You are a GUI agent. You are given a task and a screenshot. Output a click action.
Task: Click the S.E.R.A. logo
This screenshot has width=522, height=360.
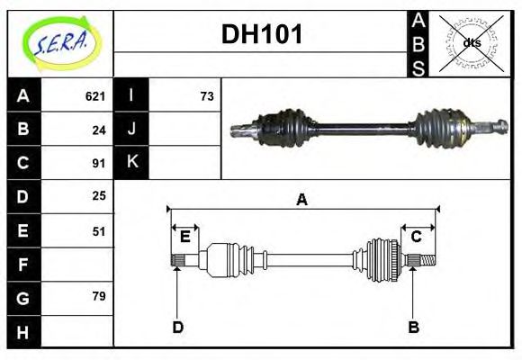pos(59,42)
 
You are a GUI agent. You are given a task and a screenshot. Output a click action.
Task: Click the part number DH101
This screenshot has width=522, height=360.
pos(262,35)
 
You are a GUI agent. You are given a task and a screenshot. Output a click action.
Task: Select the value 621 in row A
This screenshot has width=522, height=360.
pos(95,95)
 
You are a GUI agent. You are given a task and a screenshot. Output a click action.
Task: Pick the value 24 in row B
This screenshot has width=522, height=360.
pos(99,129)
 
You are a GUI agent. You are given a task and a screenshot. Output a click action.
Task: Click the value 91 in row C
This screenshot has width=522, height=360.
pos(99,163)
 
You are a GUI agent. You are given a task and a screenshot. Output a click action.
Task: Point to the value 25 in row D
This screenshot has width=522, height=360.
pos(99,195)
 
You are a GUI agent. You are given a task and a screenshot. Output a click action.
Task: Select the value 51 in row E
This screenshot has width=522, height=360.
pos(99,230)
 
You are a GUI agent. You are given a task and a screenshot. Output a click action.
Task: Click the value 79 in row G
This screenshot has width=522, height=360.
pos(99,296)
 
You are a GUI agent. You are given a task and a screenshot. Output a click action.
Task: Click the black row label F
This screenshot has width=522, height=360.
pos(22,264)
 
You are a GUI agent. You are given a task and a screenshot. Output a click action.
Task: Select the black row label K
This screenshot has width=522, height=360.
pos(131,163)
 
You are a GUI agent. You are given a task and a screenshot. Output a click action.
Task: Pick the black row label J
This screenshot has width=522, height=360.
pos(131,129)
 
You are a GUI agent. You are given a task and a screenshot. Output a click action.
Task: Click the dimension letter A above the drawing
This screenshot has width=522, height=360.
pos(302,200)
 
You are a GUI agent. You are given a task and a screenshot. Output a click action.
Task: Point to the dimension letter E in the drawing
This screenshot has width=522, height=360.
pos(184,237)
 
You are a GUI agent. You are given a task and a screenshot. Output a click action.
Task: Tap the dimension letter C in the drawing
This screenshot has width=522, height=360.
pos(417,237)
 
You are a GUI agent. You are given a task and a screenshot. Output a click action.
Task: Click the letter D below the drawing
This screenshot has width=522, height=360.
pos(177,327)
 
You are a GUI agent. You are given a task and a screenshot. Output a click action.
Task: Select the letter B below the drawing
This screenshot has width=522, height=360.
pos(414,327)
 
